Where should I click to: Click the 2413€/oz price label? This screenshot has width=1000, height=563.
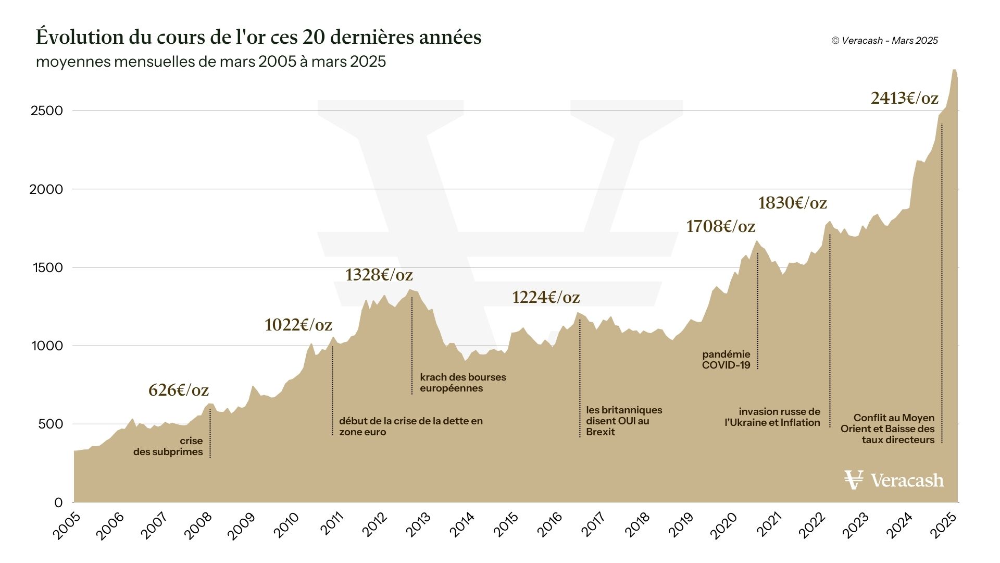coord(904,98)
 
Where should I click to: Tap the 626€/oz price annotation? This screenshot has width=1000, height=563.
coord(178,390)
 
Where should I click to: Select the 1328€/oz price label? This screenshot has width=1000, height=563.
coord(379,275)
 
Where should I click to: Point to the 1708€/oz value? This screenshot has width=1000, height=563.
coord(720,226)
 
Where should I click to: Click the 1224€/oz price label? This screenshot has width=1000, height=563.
coord(545,297)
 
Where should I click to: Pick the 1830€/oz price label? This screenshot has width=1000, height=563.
coord(792,203)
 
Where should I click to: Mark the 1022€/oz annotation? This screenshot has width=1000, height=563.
coord(298,325)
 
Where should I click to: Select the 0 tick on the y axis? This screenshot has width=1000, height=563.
coord(58,503)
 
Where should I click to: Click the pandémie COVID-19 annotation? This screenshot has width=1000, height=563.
coord(726,360)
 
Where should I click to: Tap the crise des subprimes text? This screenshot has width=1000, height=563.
coord(168,446)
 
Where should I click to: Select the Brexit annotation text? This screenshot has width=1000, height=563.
coord(623,421)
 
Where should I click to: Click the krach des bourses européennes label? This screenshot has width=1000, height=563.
coord(463,383)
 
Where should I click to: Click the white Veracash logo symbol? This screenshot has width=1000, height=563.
coord(854,480)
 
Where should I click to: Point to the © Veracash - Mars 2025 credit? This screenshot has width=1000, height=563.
coord(884,41)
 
